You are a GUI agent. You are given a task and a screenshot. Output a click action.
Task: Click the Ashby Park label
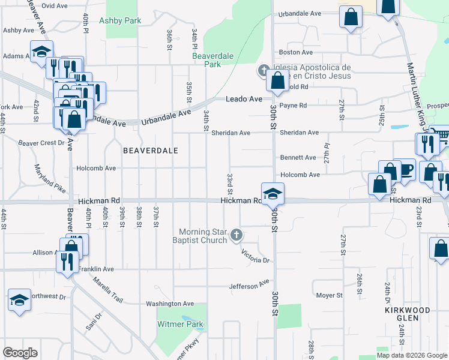[x=124, y=20]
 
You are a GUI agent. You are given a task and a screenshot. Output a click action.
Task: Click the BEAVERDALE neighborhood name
[x=151, y=151]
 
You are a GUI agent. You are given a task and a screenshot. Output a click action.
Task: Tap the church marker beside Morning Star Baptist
[x=237, y=235]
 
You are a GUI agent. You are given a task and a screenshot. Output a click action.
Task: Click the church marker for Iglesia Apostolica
[x=262, y=71]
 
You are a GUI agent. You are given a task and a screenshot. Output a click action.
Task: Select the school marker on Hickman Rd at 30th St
[x=273, y=193]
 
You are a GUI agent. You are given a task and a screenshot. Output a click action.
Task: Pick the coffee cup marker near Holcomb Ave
[x=406, y=169]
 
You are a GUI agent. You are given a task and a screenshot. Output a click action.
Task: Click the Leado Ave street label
[x=244, y=98]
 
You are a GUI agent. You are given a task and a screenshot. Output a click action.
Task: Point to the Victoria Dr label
[x=257, y=256]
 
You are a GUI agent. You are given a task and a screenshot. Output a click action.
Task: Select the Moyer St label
[x=329, y=295]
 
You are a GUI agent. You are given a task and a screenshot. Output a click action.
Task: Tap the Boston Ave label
[x=301, y=53]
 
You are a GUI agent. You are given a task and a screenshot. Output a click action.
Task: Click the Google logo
[x=20, y=353]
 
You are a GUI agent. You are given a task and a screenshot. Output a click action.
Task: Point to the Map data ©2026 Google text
[x=412, y=355]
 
